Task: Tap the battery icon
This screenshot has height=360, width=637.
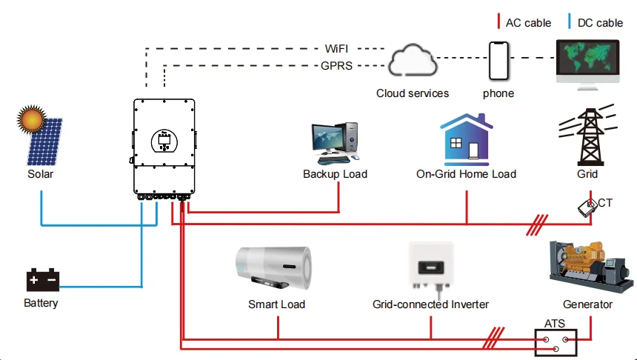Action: [x=43, y=281]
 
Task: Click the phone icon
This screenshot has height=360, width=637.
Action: [x=498, y=61]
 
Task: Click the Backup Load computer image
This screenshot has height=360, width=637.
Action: [x=336, y=144]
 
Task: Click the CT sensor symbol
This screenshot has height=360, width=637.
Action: [x=590, y=207]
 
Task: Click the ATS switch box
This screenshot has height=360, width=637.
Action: [x=556, y=340]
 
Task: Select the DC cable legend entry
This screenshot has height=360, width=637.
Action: [x=598, y=23]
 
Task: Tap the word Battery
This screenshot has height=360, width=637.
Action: [x=41, y=303]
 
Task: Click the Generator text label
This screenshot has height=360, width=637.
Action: [x=587, y=304]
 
